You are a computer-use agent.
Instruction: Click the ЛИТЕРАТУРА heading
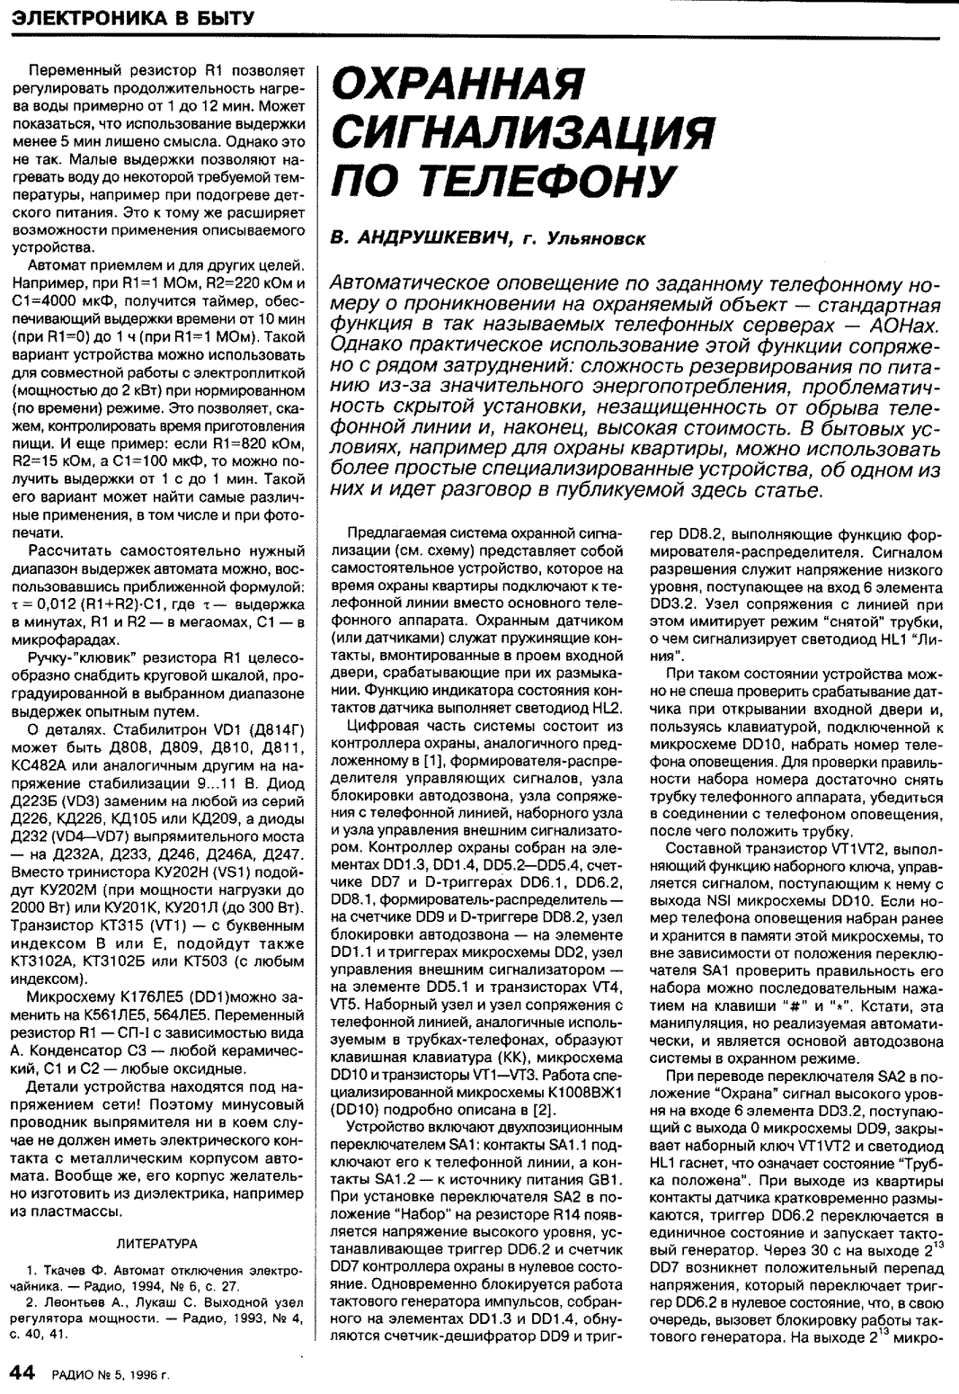point(157,1243)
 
